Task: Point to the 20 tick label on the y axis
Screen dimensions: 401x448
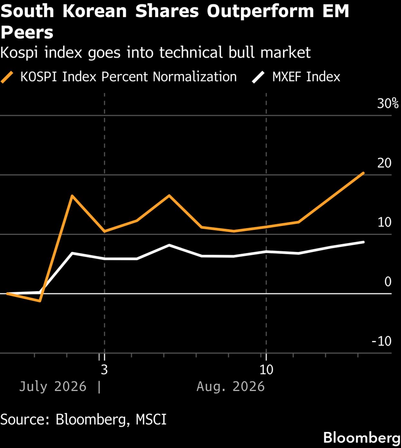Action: (x=384, y=163)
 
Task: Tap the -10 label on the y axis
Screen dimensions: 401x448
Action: (x=382, y=341)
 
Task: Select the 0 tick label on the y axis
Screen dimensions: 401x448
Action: (x=388, y=282)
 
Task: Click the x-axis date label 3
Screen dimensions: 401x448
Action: (x=104, y=369)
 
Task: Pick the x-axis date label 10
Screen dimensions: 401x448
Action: (x=266, y=369)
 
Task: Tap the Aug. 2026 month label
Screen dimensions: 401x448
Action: (x=231, y=387)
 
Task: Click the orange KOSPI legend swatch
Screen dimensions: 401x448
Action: (x=7, y=77)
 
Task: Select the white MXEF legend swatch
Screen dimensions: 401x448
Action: (x=258, y=77)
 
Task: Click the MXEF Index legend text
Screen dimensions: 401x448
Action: (x=306, y=77)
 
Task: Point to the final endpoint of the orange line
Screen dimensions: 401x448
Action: (x=363, y=173)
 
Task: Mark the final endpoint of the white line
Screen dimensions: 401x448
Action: (x=363, y=242)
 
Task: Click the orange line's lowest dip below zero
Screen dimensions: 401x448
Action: (x=40, y=301)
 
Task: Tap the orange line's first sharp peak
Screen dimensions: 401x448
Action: (x=72, y=195)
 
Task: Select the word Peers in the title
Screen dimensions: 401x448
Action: (x=27, y=33)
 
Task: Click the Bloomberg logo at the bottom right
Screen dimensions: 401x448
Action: (x=362, y=438)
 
